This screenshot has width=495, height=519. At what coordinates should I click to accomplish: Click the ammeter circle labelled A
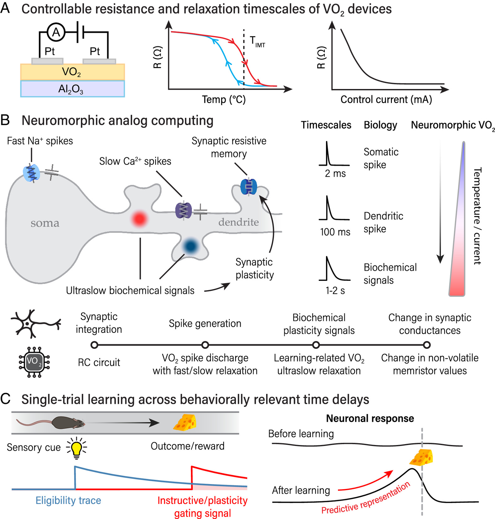[56, 32]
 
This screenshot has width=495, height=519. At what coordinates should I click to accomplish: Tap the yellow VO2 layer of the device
[72, 72]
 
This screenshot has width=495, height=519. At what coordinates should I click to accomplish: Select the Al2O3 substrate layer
[72, 89]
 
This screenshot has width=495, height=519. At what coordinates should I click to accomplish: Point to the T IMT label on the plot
[257, 42]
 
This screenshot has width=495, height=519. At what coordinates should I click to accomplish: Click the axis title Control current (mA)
[386, 100]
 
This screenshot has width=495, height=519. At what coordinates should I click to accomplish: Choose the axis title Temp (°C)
[224, 100]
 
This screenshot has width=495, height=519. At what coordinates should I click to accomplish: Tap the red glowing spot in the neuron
[139, 218]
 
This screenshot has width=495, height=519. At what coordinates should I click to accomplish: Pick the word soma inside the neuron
[45, 223]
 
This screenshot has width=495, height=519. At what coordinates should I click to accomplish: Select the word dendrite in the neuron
[239, 222]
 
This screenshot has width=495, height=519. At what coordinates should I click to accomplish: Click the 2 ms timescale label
[335, 174]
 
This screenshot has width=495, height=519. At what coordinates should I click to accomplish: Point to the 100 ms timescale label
[335, 232]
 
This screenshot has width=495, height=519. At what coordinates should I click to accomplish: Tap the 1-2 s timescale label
[335, 291]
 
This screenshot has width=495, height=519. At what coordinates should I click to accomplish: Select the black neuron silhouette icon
[35, 324]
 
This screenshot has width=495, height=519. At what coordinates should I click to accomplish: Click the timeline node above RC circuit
[94, 345]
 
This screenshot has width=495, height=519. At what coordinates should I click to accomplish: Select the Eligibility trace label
[68, 501]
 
